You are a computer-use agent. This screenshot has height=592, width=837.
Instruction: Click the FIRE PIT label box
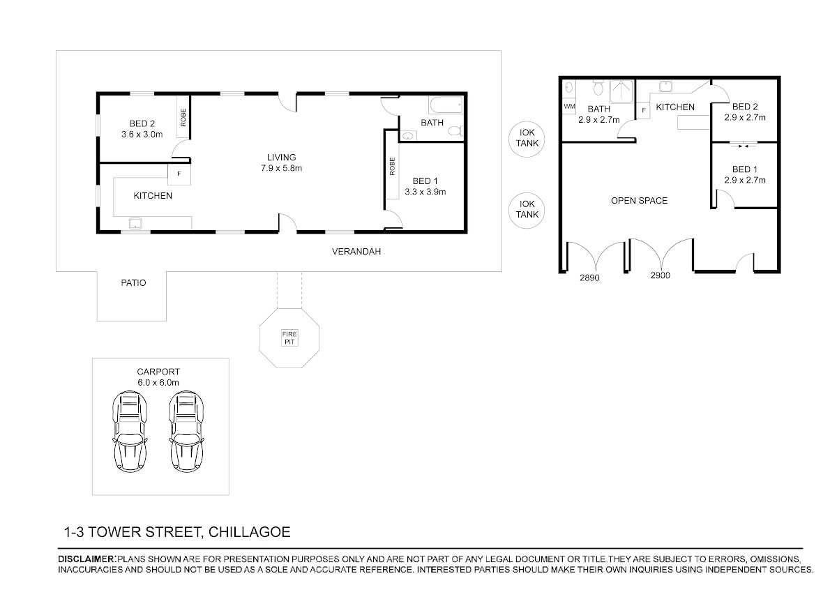tap(289, 338)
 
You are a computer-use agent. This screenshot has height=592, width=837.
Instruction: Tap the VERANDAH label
tap(356, 252)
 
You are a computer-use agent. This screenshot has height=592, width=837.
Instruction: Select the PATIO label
tap(133, 282)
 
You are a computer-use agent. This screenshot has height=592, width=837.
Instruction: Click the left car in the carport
tap(130, 432)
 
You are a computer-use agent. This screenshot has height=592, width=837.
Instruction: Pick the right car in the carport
tap(186, 432)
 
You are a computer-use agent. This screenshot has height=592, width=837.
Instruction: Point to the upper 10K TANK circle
tap(527, 139)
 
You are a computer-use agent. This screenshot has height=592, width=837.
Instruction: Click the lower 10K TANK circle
tap(527, 211)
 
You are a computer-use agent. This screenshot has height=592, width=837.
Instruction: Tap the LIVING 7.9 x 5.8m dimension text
tap(281, 168)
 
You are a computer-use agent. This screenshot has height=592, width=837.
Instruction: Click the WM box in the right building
tap(569, 107)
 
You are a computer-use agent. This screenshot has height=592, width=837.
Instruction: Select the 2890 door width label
tap(589, 278)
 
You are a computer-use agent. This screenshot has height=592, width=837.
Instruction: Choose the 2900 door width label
tap(661, 275)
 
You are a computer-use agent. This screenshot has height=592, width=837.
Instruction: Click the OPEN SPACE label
tap(640, 201)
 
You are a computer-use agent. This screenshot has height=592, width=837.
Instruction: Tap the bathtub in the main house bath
tap(446, 105)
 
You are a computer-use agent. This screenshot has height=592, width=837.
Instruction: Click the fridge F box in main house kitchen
tap(179, 174)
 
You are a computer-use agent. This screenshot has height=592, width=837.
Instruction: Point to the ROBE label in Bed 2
tap(183, 118)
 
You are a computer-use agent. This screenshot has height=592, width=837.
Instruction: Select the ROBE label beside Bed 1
tap(392, 166)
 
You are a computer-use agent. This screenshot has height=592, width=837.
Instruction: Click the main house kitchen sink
tap(135, 223)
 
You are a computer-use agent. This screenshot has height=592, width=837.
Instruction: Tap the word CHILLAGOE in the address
tap(249, 532)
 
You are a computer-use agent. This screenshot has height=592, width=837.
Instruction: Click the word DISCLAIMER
tap(86, 559)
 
